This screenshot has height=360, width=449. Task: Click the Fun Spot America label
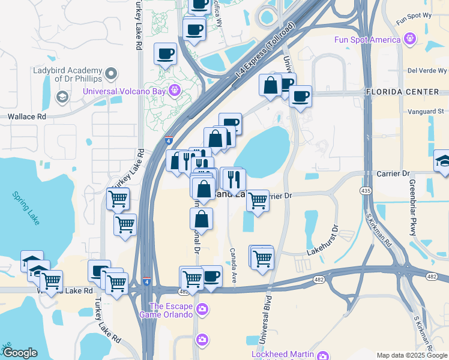point(367,40)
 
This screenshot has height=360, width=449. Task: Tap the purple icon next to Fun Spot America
point(410,40)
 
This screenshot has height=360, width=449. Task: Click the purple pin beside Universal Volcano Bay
point(175,90)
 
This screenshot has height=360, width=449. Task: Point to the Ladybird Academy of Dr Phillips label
point(67,73)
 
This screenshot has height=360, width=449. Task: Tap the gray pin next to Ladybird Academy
point(110,74)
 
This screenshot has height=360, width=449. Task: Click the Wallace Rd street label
point(27,117)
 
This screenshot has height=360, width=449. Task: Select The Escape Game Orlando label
point(166,310)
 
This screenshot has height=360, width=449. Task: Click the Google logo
point(20,352)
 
